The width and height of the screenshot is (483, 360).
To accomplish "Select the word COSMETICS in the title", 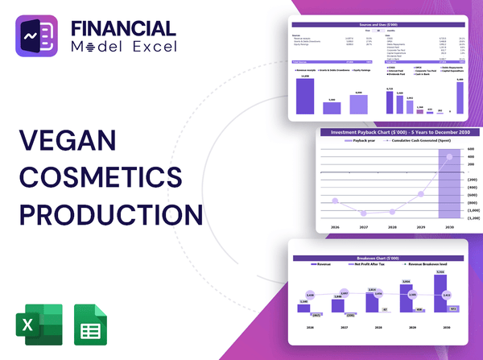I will tap(101, 178).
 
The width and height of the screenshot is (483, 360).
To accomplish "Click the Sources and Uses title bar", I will tap(378, 25).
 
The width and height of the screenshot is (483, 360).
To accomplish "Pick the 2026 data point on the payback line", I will tap(335, 201).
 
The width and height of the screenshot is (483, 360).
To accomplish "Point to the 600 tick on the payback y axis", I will tap(473, 149).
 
